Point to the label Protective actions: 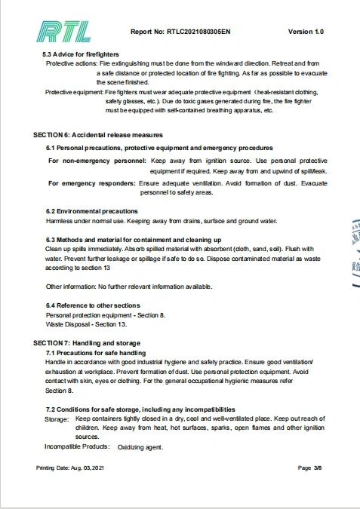[71, 64]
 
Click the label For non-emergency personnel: [97, 161]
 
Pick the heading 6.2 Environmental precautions [92, 211]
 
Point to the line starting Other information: [129, 287]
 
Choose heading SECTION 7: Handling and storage [86, 343]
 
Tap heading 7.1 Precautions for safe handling [96, 352]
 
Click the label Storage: [57, 419]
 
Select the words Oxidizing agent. [140, 447]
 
